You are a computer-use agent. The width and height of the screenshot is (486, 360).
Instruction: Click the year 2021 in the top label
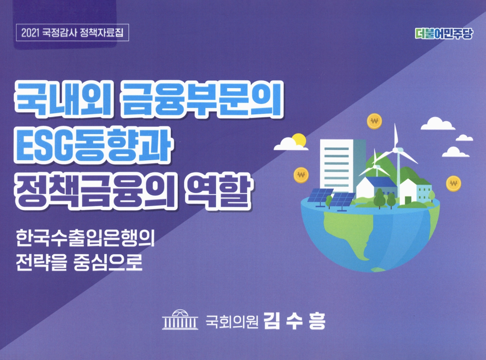(32, 33)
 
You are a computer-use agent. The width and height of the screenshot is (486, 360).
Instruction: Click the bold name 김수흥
(294, 322)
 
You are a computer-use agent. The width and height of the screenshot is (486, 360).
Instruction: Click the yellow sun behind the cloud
(298, 140)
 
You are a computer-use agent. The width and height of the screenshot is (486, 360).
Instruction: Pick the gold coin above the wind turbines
(374, 121)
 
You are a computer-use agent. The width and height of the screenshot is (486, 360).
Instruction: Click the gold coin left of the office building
(300, 175)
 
